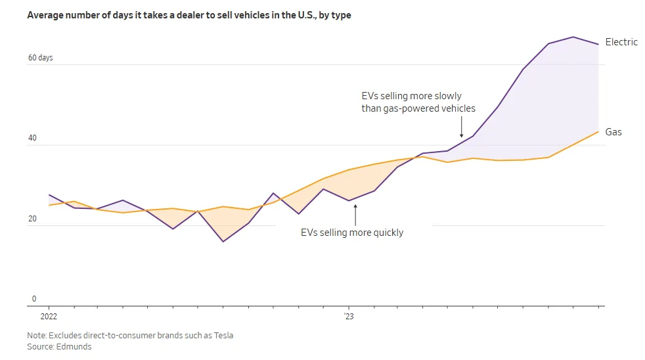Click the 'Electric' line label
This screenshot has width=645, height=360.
tap(621, 42)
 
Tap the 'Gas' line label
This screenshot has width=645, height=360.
tap(613, 132)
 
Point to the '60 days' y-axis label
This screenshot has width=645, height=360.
tap(40, 58)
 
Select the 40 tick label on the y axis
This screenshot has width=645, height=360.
tap(32, 138)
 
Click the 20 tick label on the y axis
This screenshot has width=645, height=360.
tap(32, 219)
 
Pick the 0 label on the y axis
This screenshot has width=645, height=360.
tap(34, 299)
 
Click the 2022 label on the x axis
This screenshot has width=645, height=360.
tap(49, 317)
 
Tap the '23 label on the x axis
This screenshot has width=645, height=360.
tap(349, 317)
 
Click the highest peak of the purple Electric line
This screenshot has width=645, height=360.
tap(573, 37)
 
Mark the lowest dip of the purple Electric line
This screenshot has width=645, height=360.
tap(223, 242)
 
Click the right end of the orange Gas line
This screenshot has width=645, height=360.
tap(598, 131)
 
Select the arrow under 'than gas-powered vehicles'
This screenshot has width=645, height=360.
tap(462, 127)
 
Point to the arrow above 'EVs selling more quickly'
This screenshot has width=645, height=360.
tap(355, 215)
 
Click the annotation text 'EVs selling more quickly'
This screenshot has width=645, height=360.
tap(352, 233)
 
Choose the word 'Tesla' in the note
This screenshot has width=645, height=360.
tap(223, 335)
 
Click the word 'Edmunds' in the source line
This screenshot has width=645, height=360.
tap(74, 346)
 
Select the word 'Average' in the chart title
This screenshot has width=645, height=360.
tap(45, 15)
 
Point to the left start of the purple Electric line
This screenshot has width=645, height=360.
tap(49, 194)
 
